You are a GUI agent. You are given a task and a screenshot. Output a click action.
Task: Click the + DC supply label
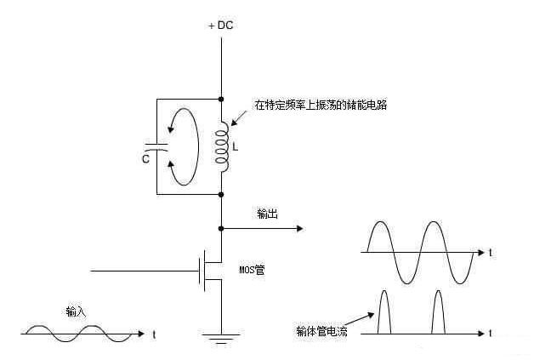click(220, 25)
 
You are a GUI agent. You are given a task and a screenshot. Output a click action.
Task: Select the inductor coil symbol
click(223, 145)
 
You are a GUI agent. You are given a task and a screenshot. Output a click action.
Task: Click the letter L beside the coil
click(236, 146)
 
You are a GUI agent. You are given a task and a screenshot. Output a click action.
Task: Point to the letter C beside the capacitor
click(146, 158)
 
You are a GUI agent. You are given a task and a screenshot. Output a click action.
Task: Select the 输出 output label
click(267, 214)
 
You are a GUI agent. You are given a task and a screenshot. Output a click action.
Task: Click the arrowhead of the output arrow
click(299, 228)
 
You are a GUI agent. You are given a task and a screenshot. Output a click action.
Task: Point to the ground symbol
click(221, 338)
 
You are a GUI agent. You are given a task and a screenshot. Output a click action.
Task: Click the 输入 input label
click(76, 311)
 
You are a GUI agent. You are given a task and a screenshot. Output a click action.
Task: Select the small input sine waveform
click(77, 333)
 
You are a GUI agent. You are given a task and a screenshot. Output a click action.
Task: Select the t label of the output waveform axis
click(491, 253)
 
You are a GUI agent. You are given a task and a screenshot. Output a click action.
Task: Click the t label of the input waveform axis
click(153, 334)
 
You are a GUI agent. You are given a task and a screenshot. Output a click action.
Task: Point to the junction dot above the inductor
click(221, 100)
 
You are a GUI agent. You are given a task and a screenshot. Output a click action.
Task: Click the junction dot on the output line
click(221, 228)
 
